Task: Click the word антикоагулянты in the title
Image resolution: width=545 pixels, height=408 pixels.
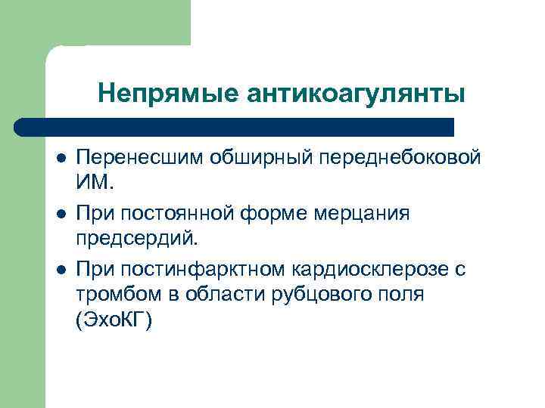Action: point(357,94)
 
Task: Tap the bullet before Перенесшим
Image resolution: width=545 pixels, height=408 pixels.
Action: point(62,159)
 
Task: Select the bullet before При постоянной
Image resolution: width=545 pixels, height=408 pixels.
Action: point(62,214)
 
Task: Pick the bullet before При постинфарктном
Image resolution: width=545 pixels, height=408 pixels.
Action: point(62,269)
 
